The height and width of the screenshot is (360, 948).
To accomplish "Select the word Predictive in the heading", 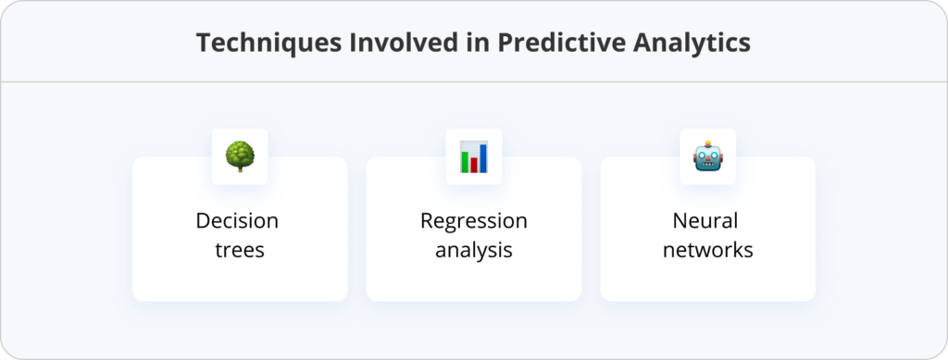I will click(555, 43).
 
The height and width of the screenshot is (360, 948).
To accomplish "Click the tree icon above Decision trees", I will click(240, 155).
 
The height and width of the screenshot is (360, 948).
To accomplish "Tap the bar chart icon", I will click(474, 155).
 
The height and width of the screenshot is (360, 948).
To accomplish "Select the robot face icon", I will click(708, 155).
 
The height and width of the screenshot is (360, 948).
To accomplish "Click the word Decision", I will click(237, 221).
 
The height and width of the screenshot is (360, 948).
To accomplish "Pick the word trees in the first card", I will click(239, 250).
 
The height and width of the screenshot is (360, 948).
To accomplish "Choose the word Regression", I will click(473, 221).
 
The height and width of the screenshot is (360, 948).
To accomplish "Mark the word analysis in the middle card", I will click(473, 250).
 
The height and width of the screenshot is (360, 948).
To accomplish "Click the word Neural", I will click(707, 221).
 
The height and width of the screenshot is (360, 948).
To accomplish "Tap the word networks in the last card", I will click(707, 250).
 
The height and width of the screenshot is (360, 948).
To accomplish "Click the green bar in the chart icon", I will click(465, 161).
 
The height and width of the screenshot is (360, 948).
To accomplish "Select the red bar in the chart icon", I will click(475, 165).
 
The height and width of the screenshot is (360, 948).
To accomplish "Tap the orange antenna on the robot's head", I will click(708, 143).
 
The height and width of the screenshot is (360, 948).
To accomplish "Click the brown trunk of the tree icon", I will click(240, 167).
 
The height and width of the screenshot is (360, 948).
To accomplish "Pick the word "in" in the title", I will click(466, 43).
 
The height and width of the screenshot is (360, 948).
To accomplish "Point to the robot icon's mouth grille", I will click(708, 165).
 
